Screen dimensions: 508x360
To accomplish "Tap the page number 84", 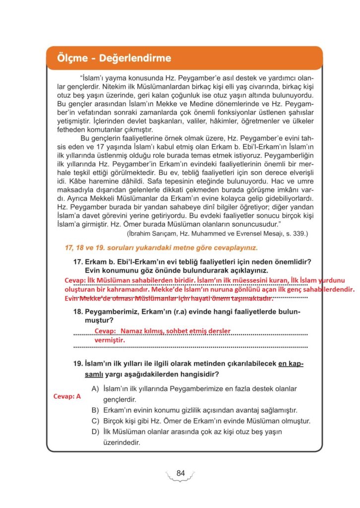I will pos(180,473).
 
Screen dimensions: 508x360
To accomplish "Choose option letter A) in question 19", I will pos(96,388).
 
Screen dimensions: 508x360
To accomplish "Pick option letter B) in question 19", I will pos(96,410).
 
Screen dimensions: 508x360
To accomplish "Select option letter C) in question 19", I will pos(96,421).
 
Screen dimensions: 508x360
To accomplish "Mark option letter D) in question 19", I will pos(96,432).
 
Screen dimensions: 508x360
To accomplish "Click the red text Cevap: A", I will pos(66,397).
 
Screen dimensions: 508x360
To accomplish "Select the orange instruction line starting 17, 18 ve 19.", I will pos(161,248).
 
